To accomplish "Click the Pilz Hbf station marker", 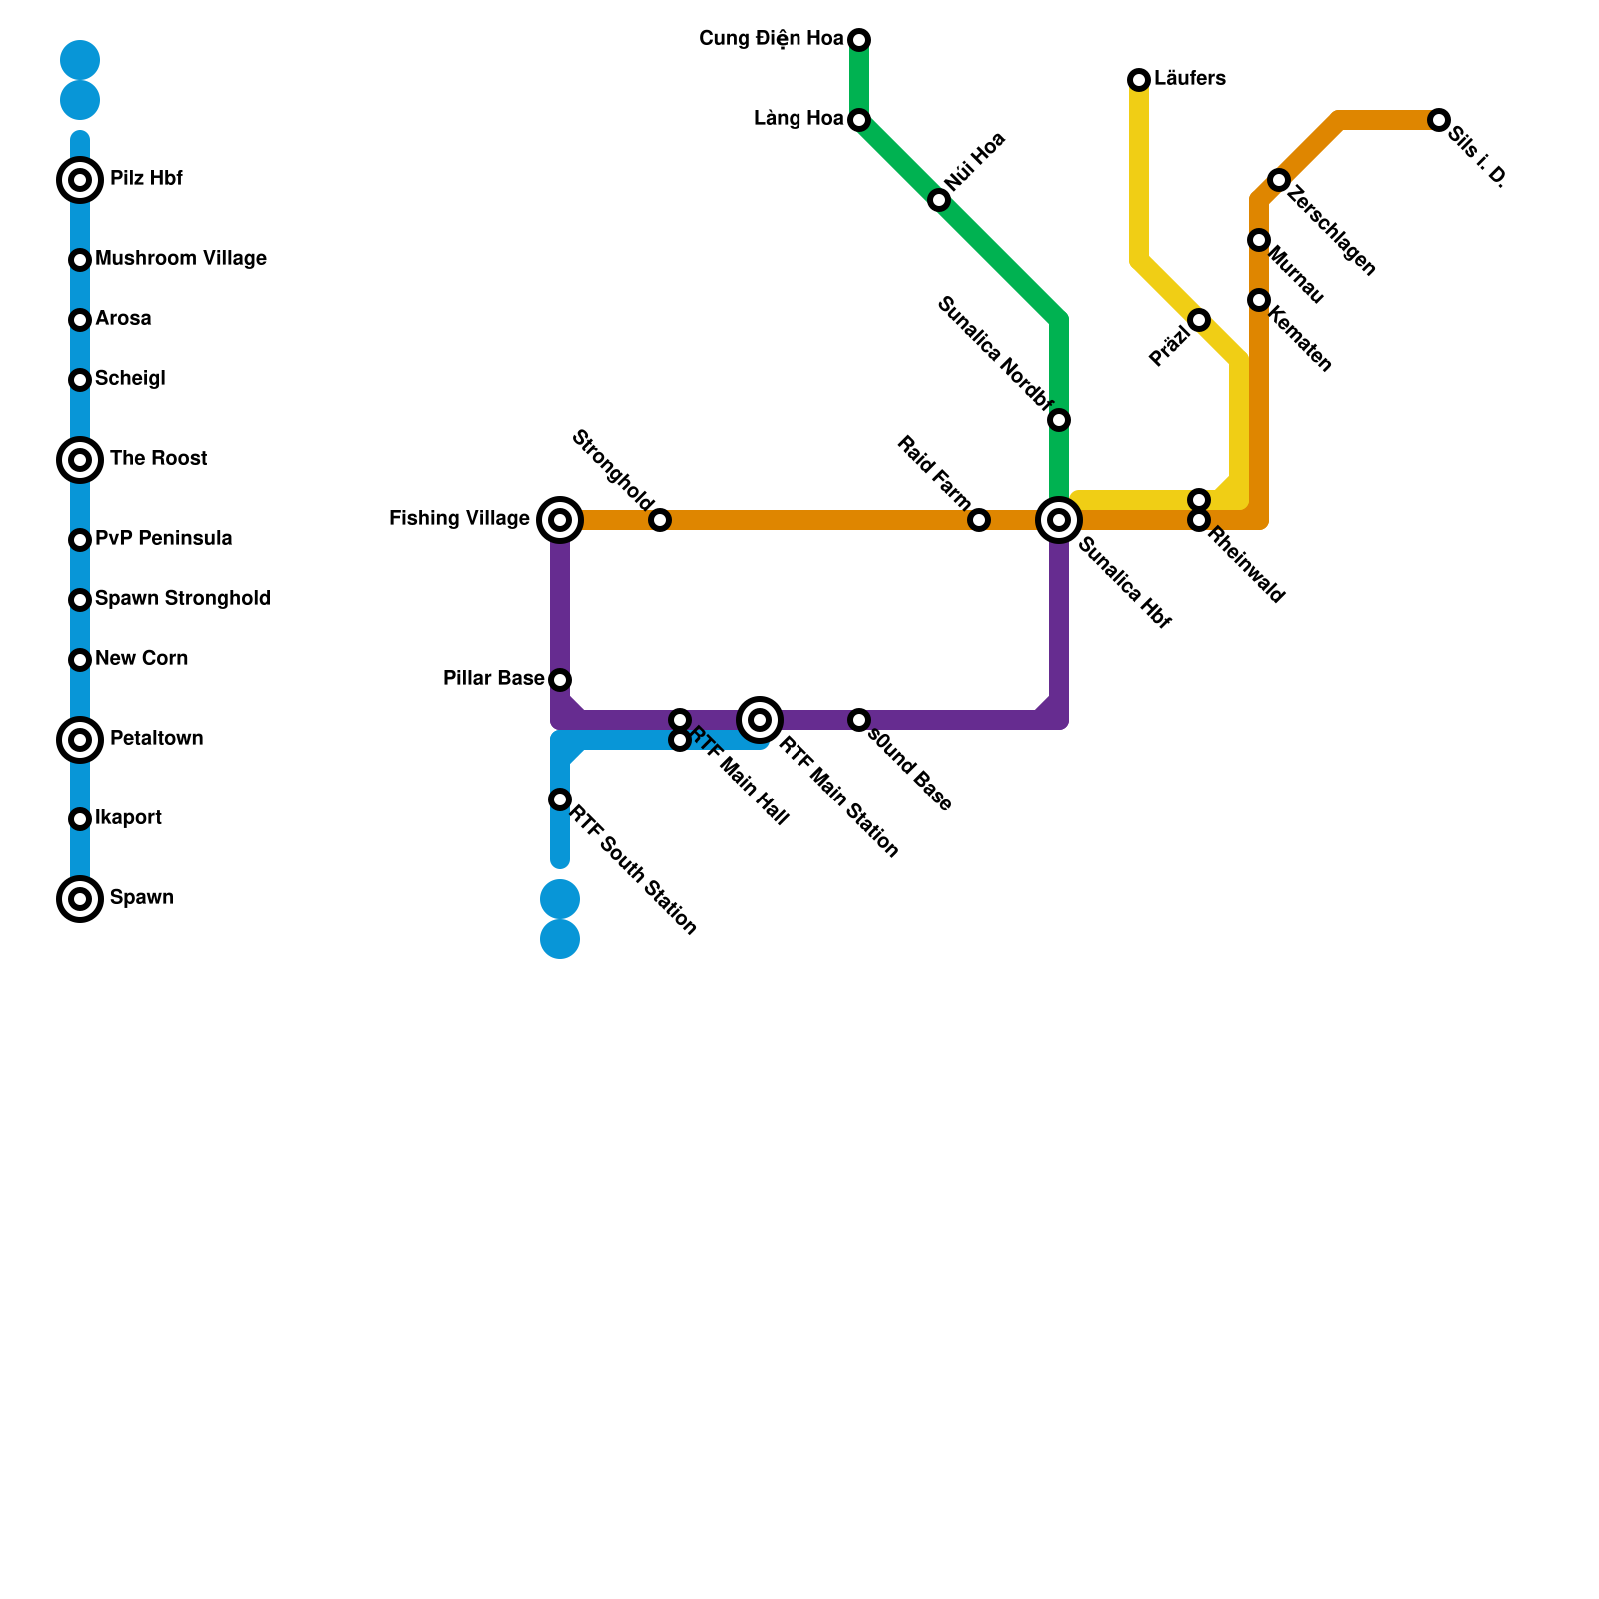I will point(80,180).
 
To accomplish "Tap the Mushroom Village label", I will point(181,259).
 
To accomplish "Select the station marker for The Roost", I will point(80,460).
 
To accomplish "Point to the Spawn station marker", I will point(80,899).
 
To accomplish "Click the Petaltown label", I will point(157,739).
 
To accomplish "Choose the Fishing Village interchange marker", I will point(560,520).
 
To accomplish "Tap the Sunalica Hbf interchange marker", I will point(1059,520).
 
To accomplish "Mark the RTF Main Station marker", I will point(760,720).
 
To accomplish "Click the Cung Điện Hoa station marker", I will point(859,40).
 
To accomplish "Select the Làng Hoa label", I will point(799,119).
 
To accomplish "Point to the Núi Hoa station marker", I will point(938,200).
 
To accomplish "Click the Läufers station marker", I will point(1139,80).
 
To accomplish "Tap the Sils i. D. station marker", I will point(1439,120).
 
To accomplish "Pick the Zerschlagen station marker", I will point(1279,180).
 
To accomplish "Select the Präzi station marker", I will point(1199,320).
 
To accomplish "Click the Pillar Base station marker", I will point(560,680).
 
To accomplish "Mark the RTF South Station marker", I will point(560,799).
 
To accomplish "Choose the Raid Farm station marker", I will point(979,520).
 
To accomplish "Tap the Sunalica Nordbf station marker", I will point(1059,420).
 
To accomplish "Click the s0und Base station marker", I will point(859,720).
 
